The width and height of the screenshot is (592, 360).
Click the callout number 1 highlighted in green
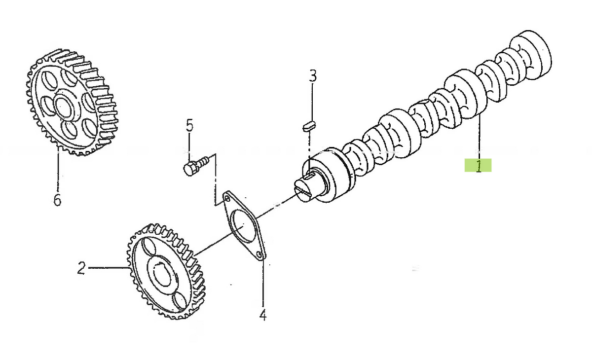coord(479,166)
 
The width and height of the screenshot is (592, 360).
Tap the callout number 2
coord(81,268)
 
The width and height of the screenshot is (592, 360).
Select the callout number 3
coord(313,76)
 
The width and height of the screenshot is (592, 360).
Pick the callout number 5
coord(189,125)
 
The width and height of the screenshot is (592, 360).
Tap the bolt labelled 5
coord(197,165)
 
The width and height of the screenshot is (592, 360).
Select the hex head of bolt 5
coord(190,169)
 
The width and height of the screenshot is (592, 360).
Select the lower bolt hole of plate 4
coord(259,254)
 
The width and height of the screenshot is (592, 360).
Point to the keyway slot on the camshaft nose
coord(311,175)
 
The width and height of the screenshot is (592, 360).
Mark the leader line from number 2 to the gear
coord(109,268)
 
